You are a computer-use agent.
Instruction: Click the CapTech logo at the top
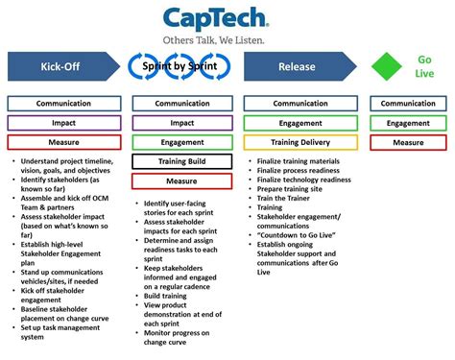(x=222, y=19)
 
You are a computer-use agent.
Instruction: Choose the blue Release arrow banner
(x=299, y=67)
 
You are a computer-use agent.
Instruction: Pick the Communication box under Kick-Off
(x=64, y=104)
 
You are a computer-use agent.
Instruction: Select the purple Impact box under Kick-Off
(x=64, y=123)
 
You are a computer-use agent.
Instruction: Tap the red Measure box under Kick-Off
(x=64, y=142)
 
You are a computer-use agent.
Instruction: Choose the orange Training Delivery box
(x=300, y=142)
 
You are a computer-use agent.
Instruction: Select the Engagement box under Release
(x=300, y=123)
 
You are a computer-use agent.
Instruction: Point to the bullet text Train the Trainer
(x=289, y=199)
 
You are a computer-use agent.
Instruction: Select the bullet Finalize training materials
(x=302, y=160)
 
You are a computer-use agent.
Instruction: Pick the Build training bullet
(x=168, y=295)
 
